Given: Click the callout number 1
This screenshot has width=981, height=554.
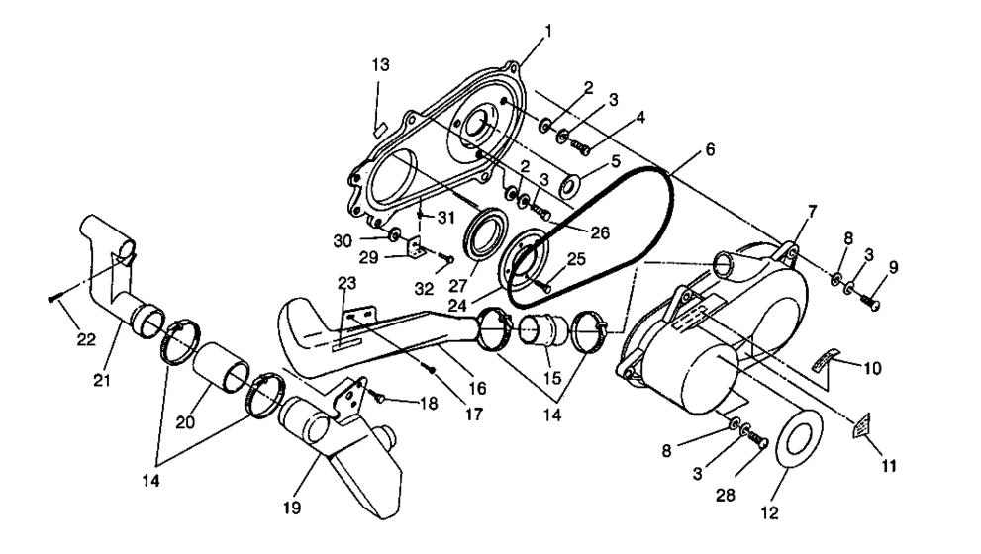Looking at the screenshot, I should tap(547, 30).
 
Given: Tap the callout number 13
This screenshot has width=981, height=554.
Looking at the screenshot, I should tap(381, 65).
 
